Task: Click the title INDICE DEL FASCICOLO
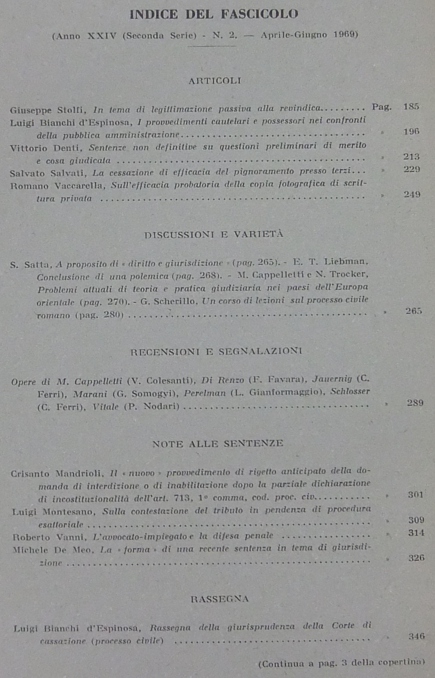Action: coord(214,14)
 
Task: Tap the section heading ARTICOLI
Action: coord(215,81)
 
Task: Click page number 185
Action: coord(411,107)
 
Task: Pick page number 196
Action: coord(411,131)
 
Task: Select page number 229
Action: coord(412,169)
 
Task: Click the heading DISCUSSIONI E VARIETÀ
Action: coord(214,234)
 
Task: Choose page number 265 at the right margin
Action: coord(414,311)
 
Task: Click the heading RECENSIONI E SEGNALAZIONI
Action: coord(216,352)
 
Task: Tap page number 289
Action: coord(415,403)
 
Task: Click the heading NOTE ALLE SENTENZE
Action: coord(218,444)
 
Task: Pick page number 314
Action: coord(416,533)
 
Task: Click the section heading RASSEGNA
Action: coord(220,599)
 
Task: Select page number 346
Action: coord(417,636)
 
